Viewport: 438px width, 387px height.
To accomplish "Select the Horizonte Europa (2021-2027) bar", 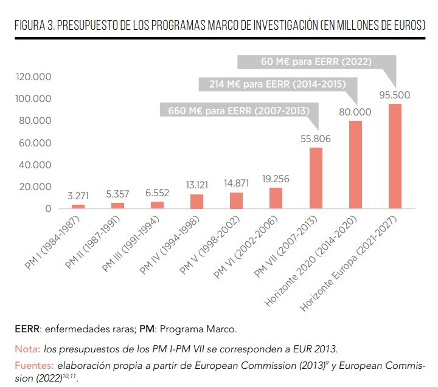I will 395,156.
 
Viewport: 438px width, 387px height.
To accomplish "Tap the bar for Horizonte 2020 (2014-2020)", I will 355,165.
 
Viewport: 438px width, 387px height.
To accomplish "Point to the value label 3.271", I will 78,196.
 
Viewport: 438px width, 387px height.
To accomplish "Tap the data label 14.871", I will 236,183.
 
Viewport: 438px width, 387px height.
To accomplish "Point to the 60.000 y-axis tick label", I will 35,143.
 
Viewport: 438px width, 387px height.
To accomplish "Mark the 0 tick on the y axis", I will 47,209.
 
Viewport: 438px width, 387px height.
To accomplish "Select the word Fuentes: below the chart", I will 34,366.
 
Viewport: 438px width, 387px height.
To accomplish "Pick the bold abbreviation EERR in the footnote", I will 28,329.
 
